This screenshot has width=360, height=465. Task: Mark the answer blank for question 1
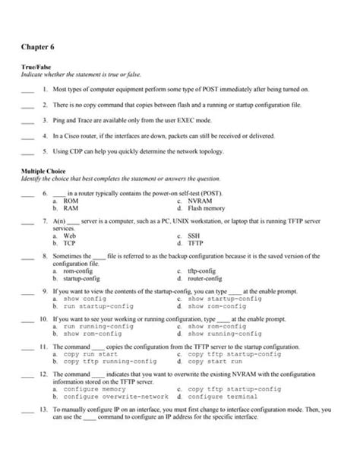point(27,91)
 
